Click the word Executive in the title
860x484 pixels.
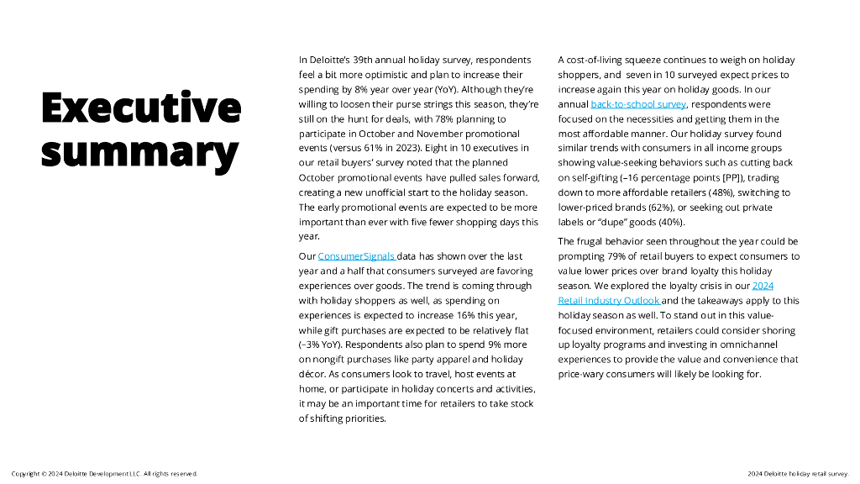coord(141,108)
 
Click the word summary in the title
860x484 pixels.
coord(139,152)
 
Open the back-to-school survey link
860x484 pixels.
coord(638,104)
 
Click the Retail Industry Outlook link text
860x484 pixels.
coord(609,301)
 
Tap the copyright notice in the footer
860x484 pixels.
coord(104,474)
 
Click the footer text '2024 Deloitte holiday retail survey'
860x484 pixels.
coord(798,474)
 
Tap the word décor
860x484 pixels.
coord(312,374)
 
